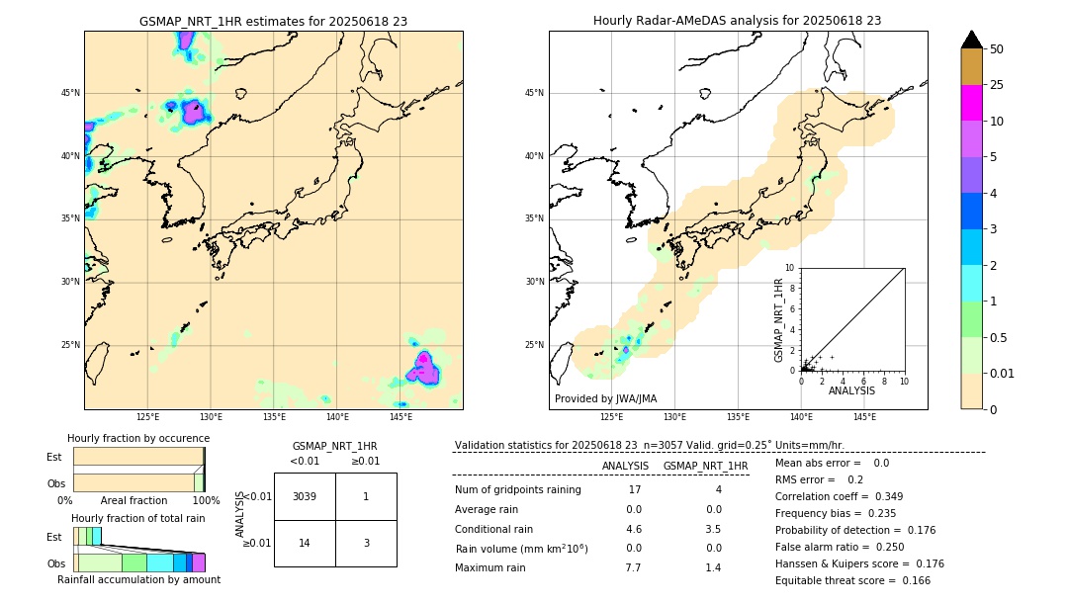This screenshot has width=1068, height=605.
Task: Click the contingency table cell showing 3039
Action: click(x=305, y=496)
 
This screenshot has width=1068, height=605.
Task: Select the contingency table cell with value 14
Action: click(x=305, y=543)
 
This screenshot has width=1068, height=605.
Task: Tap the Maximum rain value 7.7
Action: click(x=633, y=567)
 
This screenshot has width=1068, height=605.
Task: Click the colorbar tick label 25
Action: click(x=997, y=85)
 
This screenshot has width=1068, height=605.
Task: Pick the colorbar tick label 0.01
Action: click(x=1003, y=373)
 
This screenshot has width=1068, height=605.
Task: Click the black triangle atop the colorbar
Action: click(x=972, y=40)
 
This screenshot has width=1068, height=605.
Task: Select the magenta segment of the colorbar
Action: click(x=972, y=103)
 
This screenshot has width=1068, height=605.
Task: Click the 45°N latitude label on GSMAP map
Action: click(x=70, y=93)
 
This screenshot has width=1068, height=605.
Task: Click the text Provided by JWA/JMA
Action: click(x=605, y=398)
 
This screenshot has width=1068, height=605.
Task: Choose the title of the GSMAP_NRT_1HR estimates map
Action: click(x=273, y=21)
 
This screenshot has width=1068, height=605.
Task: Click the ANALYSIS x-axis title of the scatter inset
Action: click(x=851, y=390)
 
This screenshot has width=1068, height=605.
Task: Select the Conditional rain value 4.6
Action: click(x=633, y=529)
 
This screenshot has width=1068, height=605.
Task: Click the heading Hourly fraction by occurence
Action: click(x=138, y=438)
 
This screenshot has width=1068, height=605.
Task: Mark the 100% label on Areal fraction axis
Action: click(x=206, y=500)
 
